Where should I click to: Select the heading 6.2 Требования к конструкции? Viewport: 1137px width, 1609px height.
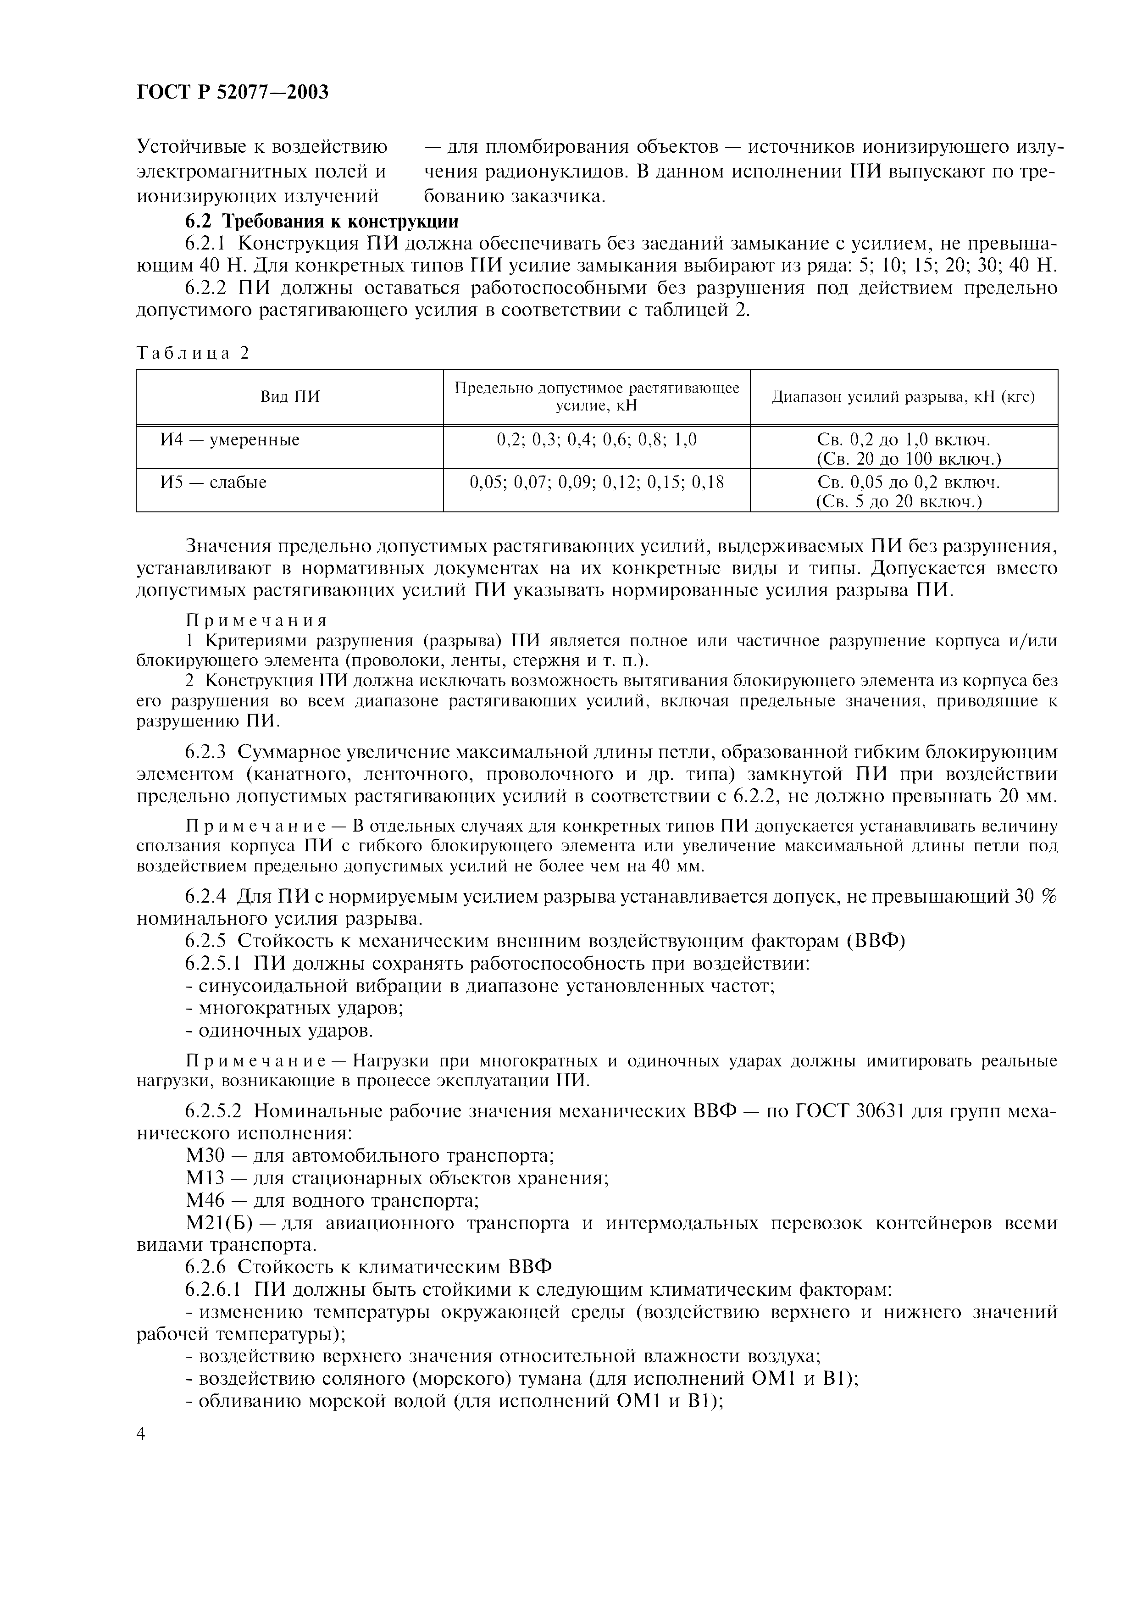click(x=322, y=222)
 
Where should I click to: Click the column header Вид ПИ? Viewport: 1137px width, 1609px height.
click(x=289, y=397)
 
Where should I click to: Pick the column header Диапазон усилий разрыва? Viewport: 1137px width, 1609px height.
click(x=903, y=397)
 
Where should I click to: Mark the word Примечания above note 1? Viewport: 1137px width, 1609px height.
click(x=256, y=621)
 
